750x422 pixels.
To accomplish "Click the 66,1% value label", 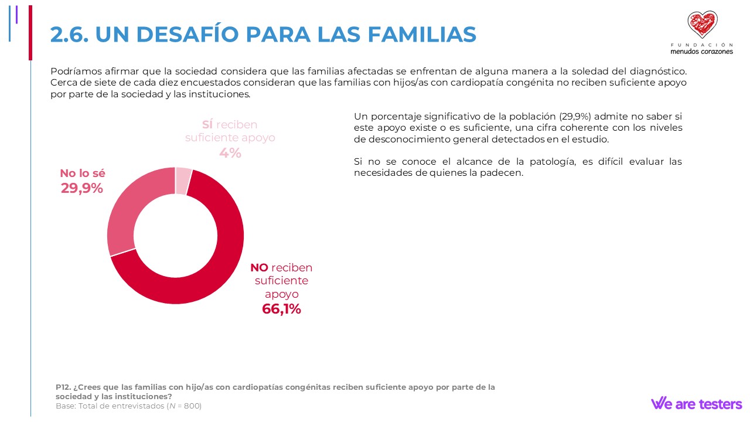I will click(281, 309).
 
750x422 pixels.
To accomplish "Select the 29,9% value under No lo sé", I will click(82, 188).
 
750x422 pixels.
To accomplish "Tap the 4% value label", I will click(230, 152).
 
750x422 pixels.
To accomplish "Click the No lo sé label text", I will click(83, 173).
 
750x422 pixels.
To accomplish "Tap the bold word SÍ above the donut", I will click(207, 125).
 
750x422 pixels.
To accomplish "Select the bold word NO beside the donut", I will click(259, 268).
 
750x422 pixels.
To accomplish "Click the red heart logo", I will click(702, 25).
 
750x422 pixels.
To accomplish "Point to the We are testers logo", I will click(696, 403).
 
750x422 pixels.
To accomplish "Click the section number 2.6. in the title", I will click(69, 35).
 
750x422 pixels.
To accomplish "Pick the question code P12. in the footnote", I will click(63, 387).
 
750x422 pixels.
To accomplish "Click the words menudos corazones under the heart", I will click(701, 51).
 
